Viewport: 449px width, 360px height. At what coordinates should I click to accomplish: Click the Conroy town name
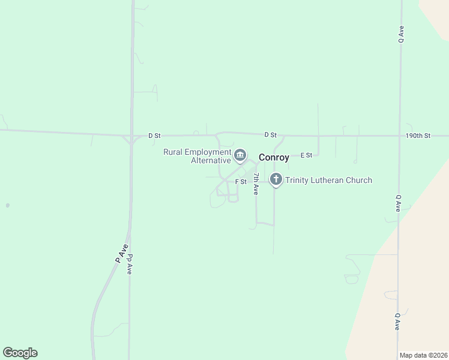[x=274, y=158]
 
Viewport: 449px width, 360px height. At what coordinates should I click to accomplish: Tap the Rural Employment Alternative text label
[x=197, y=156]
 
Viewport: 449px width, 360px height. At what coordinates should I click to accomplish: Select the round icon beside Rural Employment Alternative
[x=240, y=156]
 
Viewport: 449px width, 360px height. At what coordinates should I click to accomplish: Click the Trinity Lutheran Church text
[x=329, y=180]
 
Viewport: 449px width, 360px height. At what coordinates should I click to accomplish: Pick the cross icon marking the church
[x=276, y=179]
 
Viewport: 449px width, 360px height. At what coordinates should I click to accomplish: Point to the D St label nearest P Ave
[x=154, y=136]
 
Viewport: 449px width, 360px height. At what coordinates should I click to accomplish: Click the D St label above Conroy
[x=270, y=135]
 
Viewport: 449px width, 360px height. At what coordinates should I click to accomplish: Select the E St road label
[x=307, y=155]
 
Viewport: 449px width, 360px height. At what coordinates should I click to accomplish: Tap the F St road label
[x=241, y=181]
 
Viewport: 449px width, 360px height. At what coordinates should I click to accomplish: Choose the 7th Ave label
[x=256, y=184]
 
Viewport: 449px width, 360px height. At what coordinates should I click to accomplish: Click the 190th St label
[x=418, y=136]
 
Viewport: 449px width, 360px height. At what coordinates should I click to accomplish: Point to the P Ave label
[x=122, y=253]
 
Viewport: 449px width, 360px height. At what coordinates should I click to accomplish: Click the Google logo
[x=20, y=353]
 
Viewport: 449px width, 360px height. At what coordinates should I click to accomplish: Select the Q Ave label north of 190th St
[x=400, y=34]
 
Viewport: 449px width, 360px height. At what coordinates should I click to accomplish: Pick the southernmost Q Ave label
[x=397, y=321]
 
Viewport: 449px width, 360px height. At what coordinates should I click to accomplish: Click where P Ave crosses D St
[x=130, y=136]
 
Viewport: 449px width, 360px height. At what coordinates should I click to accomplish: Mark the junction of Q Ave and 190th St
[x=400, y=136]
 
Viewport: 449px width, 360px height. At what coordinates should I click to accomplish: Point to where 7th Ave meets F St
[x=256, y=180]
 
